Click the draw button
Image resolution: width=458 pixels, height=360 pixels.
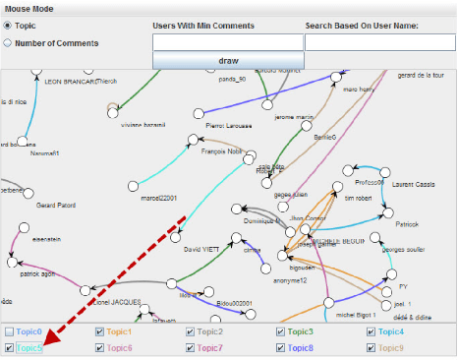pos(228,60)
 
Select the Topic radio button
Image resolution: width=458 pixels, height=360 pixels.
pos(9,27)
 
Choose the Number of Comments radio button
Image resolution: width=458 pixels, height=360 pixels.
pos(9,43)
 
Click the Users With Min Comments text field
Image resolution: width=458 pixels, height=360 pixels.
pos(228,42)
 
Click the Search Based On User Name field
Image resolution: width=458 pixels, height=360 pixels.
pos(379,42)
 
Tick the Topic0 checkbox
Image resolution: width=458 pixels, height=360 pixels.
pos(9,332)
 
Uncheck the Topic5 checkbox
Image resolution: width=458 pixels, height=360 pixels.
pos(9,348)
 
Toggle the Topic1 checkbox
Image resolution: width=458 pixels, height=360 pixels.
pos(99,332)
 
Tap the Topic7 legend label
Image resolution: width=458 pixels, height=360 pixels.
pos(209,348)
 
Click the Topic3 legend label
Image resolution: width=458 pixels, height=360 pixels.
pos(300,332)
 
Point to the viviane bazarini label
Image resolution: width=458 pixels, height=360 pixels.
pos(141,127)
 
